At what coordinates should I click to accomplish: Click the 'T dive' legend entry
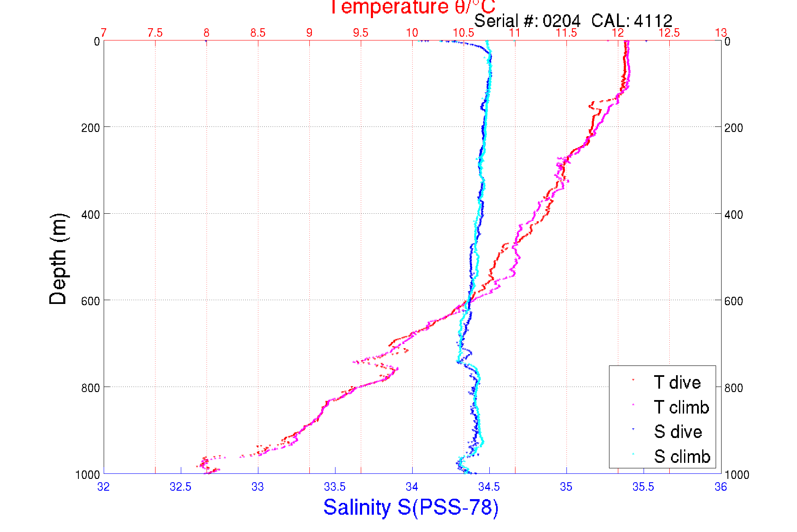click(677, 382)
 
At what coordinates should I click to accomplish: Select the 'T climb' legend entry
click(681, 407)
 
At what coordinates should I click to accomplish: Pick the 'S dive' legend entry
click(678, 432)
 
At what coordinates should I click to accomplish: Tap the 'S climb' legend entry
click(682, 457)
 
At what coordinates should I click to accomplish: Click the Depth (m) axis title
click(58, 259)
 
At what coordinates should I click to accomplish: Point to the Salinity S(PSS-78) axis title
click(411, 507)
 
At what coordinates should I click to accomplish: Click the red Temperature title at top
click(412, 7)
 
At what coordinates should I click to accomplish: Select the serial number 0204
click(561, 21)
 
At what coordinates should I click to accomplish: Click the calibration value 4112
click(653, 21)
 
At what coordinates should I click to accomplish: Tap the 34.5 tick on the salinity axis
click(489, 487)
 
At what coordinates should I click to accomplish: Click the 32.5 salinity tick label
click(180, 487)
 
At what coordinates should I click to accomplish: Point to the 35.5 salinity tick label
click(643, 487)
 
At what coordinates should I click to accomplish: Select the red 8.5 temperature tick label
click(258, 33)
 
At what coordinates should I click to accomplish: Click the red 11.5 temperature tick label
click(566, 33)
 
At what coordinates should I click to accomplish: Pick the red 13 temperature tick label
click(721, 33)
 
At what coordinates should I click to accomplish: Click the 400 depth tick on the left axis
click(91, 215)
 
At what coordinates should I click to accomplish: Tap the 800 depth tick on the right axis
click(734, 388)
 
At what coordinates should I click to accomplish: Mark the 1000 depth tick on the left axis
click(88, 475)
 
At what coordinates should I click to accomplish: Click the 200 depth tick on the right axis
click(734, 128)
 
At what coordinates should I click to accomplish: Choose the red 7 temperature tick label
click(104, 33)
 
